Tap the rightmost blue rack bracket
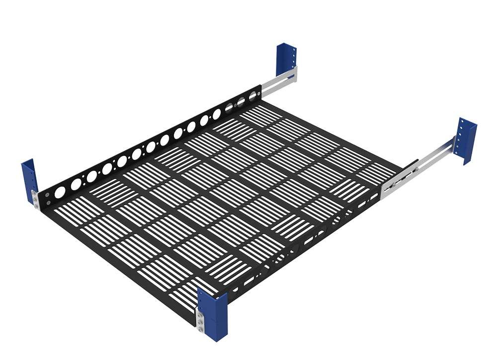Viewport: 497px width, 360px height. pos(467,141)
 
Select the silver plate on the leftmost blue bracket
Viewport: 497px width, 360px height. pos(35,199)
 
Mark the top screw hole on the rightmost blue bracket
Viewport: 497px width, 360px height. pos(462,127)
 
